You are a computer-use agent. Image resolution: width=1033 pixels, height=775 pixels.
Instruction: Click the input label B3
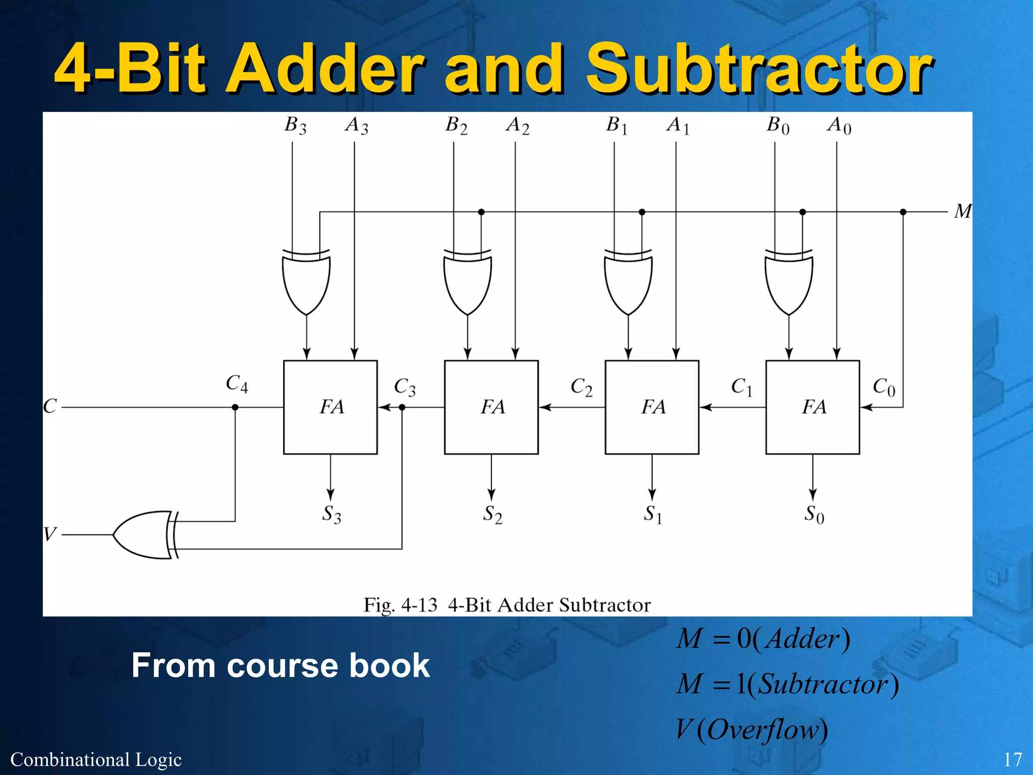[x=295, y=125]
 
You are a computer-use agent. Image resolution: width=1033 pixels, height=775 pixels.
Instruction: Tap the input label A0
[x=839, y=125]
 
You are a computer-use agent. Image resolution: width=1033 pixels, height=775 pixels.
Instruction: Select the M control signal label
[x=962, y=211]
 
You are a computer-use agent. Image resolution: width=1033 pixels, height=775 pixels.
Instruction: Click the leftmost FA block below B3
[x=330, y=407]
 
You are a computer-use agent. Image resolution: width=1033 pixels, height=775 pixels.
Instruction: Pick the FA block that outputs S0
[x=813, y=407]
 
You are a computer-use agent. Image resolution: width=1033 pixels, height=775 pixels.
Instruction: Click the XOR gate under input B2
[x=468, y=283]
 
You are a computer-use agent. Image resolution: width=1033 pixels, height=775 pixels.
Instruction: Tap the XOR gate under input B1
[x=628, y=283]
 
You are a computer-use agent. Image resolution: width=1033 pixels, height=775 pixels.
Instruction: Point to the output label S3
[x=331, y=515]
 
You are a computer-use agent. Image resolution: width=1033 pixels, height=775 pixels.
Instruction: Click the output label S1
[x=653, y=515]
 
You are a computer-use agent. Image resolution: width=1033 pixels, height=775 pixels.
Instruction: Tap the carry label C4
[x=237, y=384]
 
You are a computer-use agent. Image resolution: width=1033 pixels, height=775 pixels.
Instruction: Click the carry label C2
[x=581, y=387]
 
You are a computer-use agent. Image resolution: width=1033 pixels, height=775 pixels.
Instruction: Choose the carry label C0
[x=884, y=387]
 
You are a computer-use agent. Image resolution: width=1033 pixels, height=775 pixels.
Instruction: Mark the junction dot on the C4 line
[x=235, y=407]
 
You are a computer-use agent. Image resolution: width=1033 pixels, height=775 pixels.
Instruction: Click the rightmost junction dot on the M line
[x=903, y=212]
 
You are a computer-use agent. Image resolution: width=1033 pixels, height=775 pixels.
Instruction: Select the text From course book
[x=280, y=665]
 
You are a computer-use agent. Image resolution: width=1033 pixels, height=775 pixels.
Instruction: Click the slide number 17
[x=1012, y=759]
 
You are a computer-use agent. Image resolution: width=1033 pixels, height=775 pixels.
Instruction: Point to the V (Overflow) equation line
[x=752, y=730]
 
